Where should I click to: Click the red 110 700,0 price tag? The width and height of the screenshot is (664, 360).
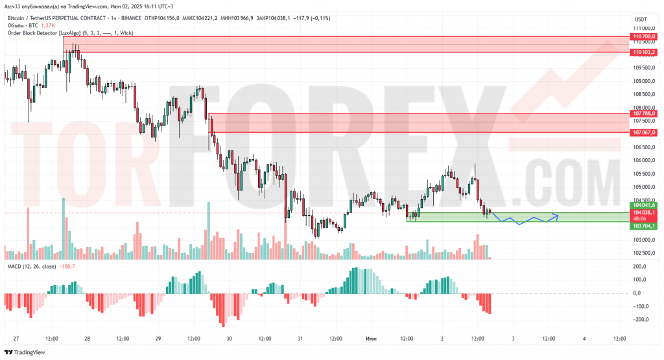pos(645,38)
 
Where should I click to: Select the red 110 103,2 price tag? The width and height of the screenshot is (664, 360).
pos(645,52)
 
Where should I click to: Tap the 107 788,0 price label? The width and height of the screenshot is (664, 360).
pos(645,114)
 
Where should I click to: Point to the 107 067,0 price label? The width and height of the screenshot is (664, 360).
pos(645,132)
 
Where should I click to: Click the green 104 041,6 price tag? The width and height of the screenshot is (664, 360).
pos(645,205)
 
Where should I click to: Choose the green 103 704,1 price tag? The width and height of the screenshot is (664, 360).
pos(645,226)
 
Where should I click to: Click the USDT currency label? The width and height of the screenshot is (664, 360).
pos(641,19)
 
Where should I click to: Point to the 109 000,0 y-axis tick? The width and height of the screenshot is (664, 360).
pos(642,81)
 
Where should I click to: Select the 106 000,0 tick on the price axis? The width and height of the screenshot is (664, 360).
pos(642,160)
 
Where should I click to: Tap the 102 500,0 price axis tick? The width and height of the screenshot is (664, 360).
pos(642,253)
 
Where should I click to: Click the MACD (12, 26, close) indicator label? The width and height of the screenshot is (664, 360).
pos(32,267)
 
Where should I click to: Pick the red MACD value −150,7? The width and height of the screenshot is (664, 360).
pos(67,267)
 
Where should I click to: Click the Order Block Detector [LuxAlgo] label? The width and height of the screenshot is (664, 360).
pos(45,32)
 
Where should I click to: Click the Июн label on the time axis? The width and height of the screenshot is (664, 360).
pos(371,339)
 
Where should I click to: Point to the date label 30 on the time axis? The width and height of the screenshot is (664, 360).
pos(229,339)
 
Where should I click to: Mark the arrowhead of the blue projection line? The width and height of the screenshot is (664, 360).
pos(556,214)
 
